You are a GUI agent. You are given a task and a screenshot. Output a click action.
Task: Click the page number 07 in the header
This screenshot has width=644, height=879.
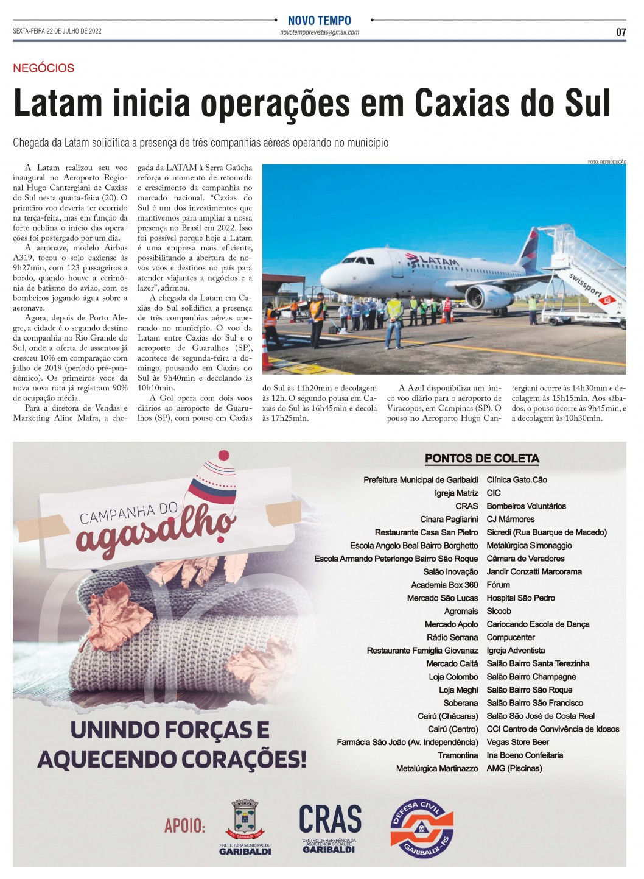[620, 32]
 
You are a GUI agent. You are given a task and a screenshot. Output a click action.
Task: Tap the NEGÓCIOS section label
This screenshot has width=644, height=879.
[44, 68]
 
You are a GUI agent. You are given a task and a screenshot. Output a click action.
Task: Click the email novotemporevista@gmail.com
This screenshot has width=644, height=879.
[319, 32]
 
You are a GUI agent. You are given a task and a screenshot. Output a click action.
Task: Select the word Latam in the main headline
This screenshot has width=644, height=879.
[58, 104]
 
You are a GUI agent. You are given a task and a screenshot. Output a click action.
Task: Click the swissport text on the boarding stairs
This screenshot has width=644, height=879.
[585, 286]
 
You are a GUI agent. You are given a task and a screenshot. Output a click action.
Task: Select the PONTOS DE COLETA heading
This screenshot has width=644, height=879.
[481, 459]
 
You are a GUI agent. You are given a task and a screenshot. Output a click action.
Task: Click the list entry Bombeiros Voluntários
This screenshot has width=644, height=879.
[526, 506]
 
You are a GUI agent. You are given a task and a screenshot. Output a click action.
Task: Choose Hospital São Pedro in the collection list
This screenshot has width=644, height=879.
[520, 598]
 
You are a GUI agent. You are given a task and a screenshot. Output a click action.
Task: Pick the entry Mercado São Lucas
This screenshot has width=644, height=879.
[443, 598]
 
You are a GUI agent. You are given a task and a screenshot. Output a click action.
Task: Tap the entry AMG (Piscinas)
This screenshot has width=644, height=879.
[514, 769]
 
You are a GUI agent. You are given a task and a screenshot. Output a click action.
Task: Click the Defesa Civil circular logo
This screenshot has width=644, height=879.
[422, 828]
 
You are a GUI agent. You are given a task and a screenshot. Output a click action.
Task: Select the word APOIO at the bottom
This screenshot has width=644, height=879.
[184, 827]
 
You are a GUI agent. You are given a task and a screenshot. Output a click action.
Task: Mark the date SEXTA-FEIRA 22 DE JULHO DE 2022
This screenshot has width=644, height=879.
[57, 31]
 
